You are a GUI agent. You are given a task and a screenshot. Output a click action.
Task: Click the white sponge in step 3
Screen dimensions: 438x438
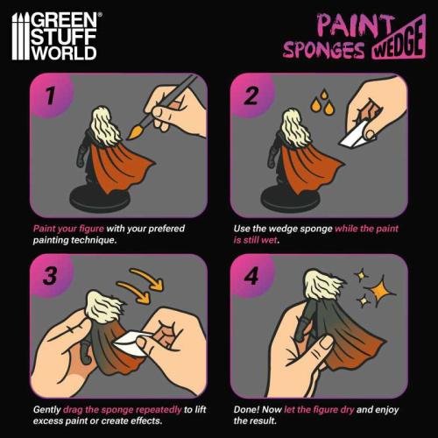(130, 342)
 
